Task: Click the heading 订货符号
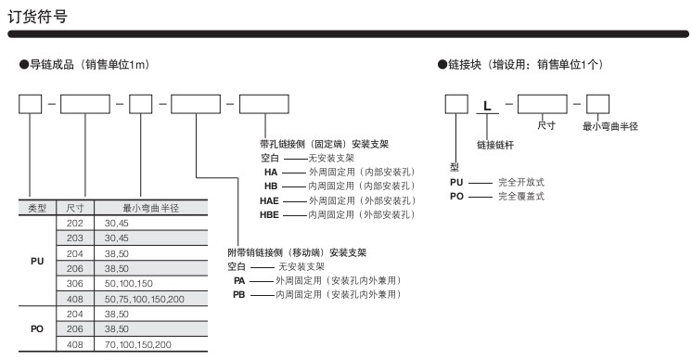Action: point(37,17)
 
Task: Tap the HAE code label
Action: point(269,200)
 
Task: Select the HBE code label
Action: point(269,215)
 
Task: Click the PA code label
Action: point(239,280)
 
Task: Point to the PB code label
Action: point(239,295)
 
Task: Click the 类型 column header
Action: point(37,208)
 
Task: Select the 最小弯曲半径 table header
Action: point(150,208)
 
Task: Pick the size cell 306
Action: point(74,283)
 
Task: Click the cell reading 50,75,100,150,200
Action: point(145,299)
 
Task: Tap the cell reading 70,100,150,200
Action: point(137,344)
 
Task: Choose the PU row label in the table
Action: point(37,261)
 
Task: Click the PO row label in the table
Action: point(37,329)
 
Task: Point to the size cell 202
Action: point(74,224)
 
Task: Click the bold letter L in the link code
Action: point(487,106)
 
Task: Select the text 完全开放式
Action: point(521,182)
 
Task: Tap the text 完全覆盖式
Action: point(521,197)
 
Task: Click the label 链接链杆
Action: point(495,145)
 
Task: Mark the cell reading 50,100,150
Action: point(128,283)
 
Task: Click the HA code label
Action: point(271,172)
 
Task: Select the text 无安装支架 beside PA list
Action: point(301,266)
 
